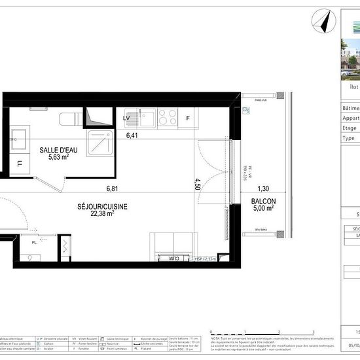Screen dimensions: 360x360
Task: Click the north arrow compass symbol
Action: [x=321, y=22]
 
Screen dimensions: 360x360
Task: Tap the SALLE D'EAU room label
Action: [x=58, y=150]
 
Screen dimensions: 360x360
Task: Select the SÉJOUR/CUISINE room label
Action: [x=102, y=206]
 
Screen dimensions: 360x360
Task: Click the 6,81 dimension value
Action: [x=113, y=189]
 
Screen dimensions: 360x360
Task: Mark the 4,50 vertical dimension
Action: [x=197, y=183]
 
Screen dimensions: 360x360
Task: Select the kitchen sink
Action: [x=146, y=117]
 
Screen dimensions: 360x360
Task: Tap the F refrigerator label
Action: [x=188, y=118]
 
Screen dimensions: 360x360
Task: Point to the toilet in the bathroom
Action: [x=67, y=118]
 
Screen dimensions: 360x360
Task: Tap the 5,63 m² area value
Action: [x=58, y=157]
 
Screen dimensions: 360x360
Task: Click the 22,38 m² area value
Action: [x=102, y=213]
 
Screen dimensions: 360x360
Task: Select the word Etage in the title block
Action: [x=350, y=128]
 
